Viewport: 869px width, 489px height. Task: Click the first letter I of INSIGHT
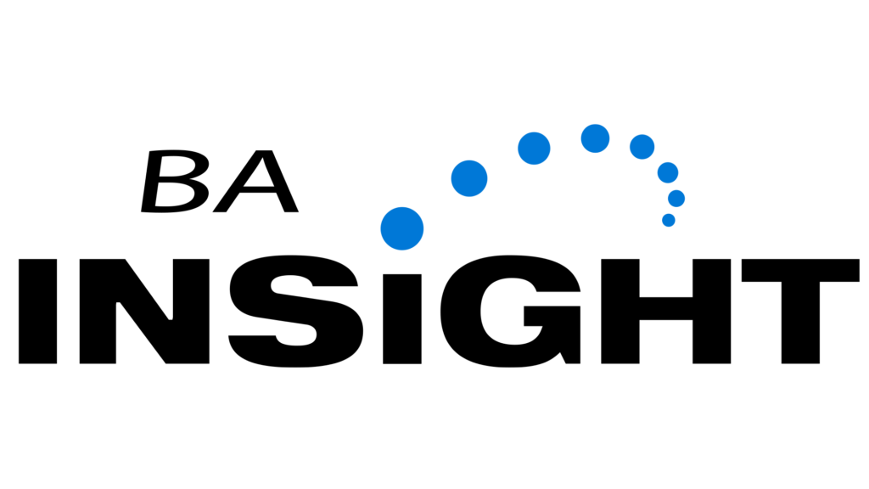[37, 311]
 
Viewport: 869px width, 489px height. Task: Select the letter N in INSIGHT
[144, 311]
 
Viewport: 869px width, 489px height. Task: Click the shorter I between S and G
[401, 319]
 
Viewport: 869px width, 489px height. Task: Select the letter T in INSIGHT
[800, 311]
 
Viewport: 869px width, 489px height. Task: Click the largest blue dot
[401, 228]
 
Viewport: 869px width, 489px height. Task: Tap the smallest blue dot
[669, 220]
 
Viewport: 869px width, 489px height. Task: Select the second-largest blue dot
[468, 178]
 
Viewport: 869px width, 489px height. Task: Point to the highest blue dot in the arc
[595, 138]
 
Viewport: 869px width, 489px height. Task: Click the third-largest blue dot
[534, 148]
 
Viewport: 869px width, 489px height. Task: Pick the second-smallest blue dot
[676, 198]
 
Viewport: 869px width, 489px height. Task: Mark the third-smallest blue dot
[668, 172]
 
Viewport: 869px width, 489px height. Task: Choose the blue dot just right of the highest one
[642, 147]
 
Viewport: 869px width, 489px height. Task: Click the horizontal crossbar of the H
[665, 308]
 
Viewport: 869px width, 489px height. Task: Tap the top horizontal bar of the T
[800, 270]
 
